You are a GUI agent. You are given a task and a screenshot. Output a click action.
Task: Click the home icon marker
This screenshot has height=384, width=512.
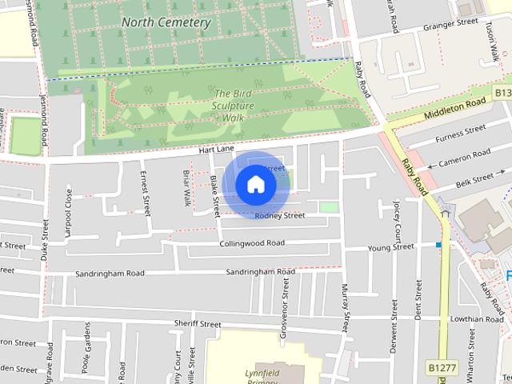pyautogui.click(x=255, y=184)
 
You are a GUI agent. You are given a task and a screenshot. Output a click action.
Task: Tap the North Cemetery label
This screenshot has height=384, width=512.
pyautogui.click(x=166, y=22)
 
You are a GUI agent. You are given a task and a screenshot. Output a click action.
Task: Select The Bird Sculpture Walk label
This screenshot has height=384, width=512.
pyautogui.click(x=234, y=106)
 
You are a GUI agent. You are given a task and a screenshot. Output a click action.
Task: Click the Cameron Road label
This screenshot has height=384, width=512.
pyautogui.click(x=464, y=157)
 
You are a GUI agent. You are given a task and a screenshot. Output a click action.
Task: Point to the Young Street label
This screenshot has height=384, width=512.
pyautogui.click(x=390, y=248)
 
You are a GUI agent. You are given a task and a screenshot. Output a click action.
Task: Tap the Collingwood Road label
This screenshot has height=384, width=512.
pyautogui.click(x=251, y=243)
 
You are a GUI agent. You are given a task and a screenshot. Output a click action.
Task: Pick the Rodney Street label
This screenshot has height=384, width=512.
pyautogui.click(x=279, y=216)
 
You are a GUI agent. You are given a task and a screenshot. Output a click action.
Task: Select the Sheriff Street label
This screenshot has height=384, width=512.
pyautogui.click(x=197, y=324)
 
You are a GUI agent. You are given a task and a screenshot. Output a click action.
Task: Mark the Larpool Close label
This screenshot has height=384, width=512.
pyautogui.click(x=69, y=207)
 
